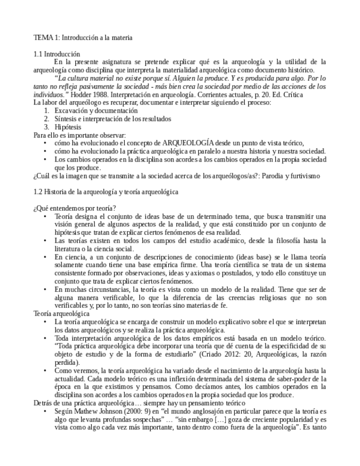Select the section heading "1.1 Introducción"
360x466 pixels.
(x=57, y=54)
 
